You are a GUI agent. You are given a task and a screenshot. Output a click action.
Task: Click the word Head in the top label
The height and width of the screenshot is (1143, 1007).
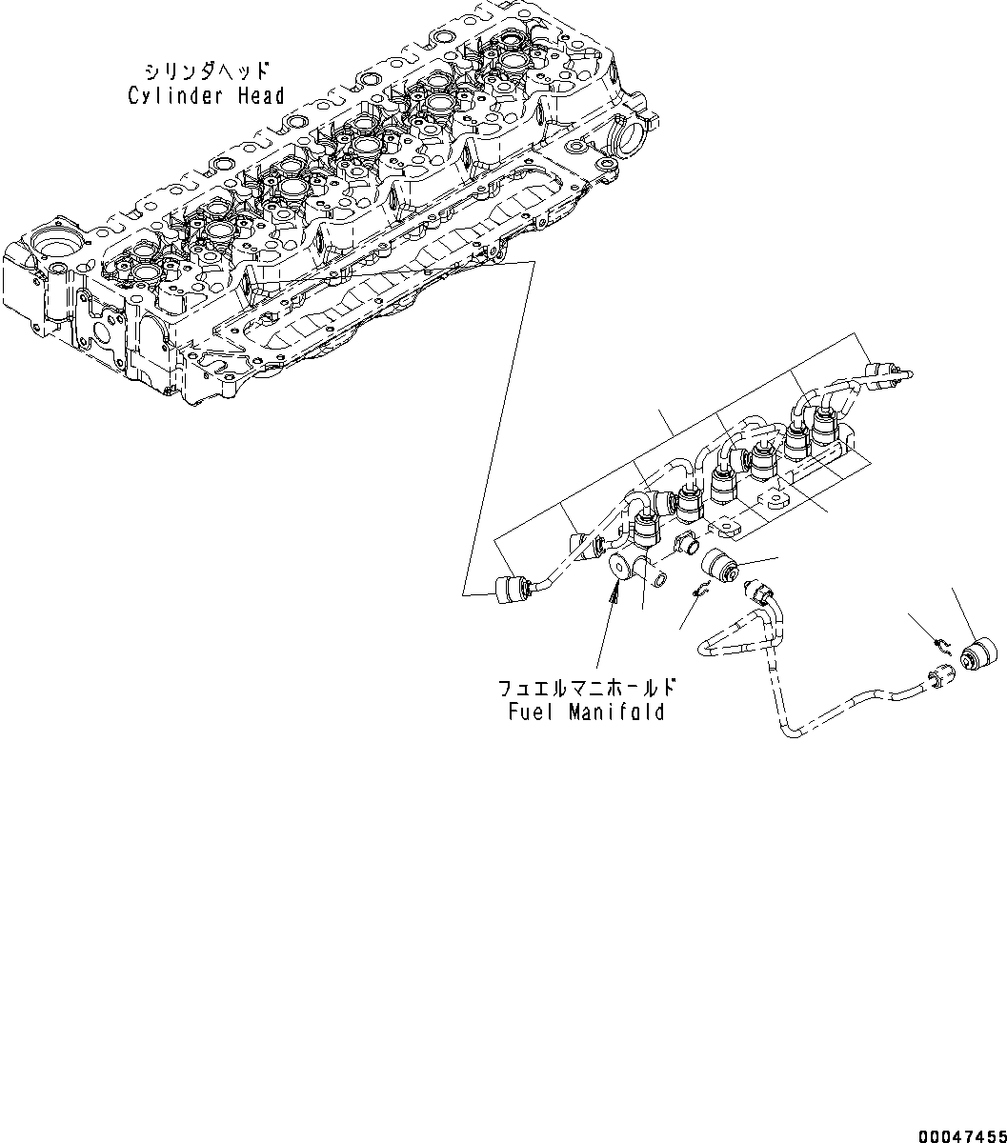[x=258, y=95]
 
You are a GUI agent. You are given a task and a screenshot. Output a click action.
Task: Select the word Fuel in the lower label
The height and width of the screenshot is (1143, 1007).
[x=527, y=712]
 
